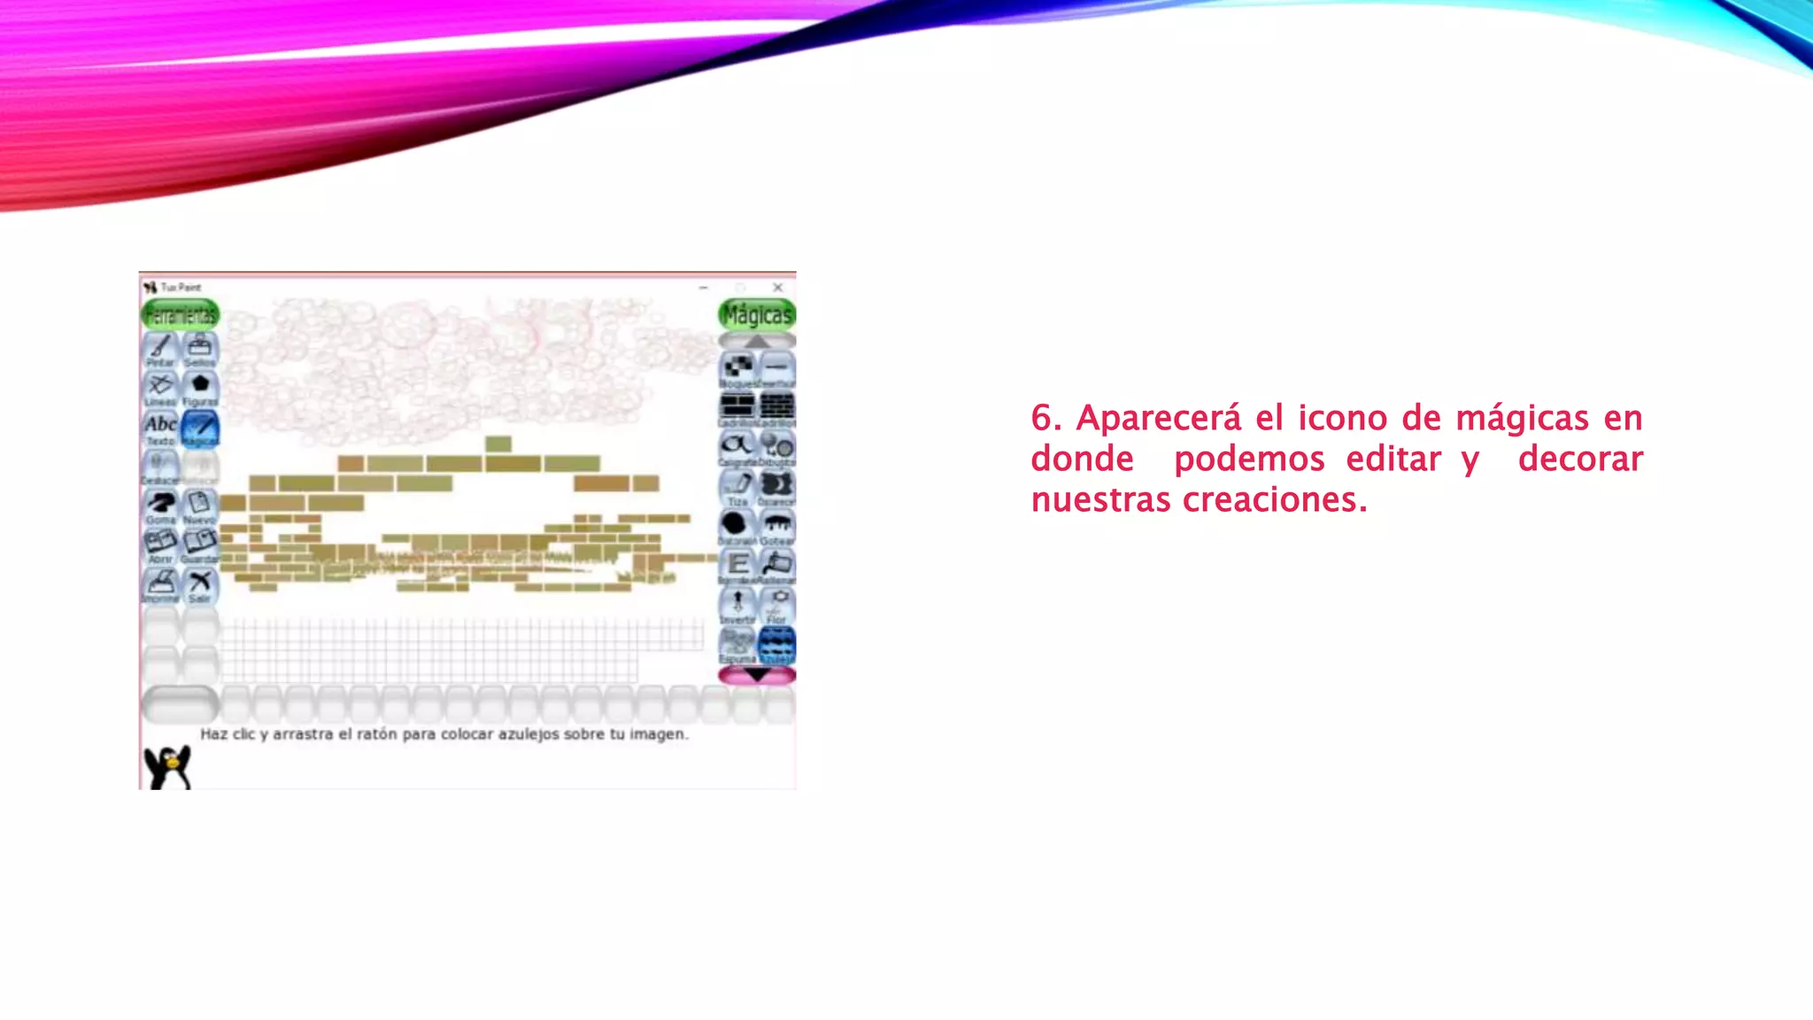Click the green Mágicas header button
757,314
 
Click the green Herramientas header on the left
180,314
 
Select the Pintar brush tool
160,349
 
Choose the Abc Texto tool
160,428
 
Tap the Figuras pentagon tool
200,388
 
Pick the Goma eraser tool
160,506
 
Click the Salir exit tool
200,585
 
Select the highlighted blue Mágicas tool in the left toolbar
200,428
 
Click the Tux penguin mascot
167,766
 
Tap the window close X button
777,288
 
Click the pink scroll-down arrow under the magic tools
757,676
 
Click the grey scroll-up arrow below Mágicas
757,341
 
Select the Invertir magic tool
737,606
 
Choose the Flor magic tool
777,606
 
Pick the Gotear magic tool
777,527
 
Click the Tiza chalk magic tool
737,487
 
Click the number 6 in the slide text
1043,418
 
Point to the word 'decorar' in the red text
1580,459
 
